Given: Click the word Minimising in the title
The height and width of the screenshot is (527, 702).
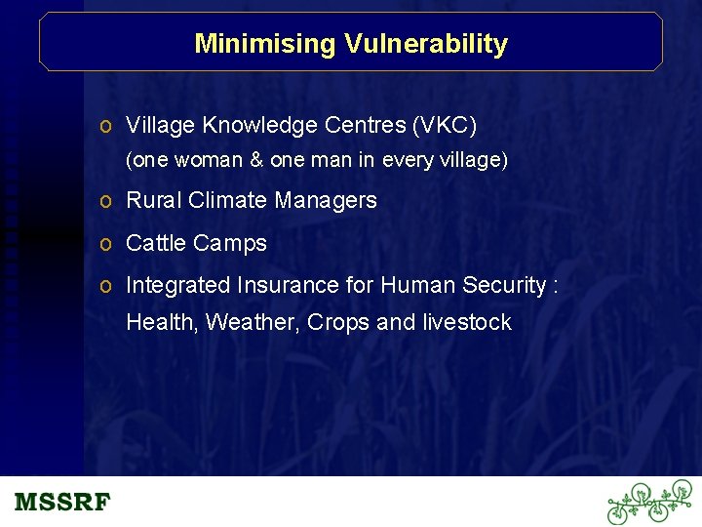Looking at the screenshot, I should [x=264, y=44].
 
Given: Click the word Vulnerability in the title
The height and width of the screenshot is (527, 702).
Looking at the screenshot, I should [x=424, y=44].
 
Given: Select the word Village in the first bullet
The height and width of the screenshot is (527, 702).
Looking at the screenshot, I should [x=161, y=126].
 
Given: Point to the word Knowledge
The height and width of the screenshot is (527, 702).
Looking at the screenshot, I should [x=254, y=126].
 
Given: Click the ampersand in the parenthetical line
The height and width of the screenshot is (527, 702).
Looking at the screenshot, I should [x=256, y=160].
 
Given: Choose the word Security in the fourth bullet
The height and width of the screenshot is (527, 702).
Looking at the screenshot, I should [x=502, y=286].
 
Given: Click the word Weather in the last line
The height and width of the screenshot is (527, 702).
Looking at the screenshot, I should [x=253, y=323].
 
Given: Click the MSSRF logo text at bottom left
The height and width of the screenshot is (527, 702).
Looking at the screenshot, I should [x=62, y=503].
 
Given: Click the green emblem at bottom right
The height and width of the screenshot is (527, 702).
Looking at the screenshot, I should [x=648, y=502].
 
